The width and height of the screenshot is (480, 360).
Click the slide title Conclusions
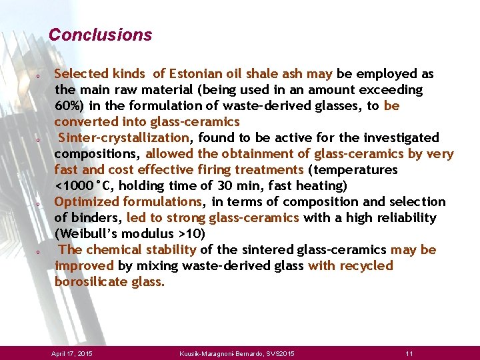pos(100,35)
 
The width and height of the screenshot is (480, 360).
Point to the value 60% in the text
pos(67,106)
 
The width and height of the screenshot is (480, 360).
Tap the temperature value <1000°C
pos(85,186)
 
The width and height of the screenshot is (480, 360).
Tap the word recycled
pos(366,266)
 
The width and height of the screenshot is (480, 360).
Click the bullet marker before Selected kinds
pos(39,75)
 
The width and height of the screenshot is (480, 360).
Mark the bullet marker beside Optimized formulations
pos(39,203)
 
